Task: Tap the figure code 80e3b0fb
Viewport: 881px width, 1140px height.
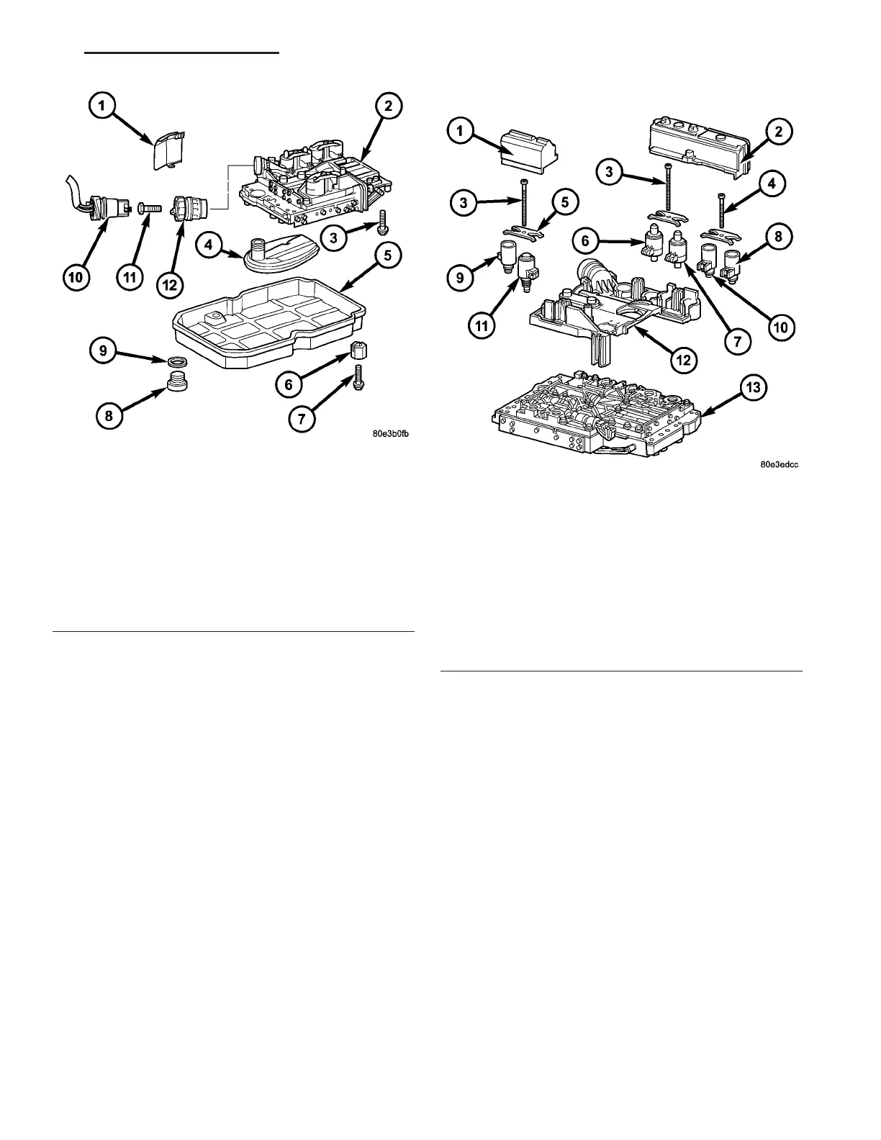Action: pos(392,433)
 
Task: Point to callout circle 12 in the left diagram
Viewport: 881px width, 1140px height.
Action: pos(168,284)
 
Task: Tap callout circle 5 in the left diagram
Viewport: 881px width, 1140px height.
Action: pos(387,256)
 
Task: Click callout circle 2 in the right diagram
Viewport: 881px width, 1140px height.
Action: pos(779,132)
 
